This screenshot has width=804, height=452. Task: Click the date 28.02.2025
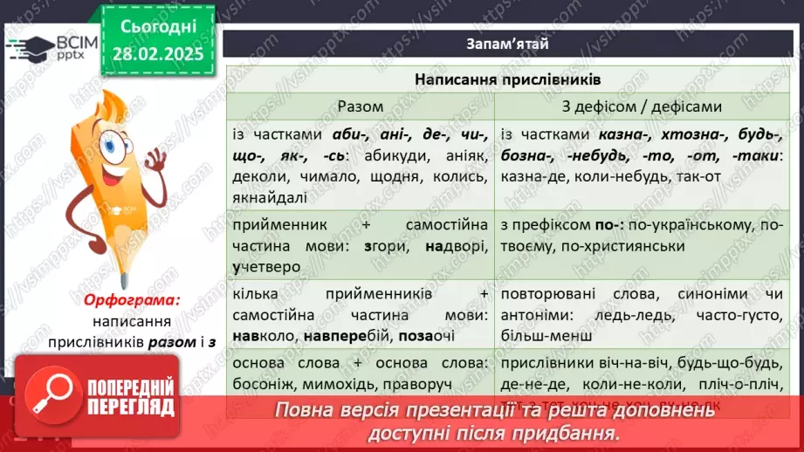(x=157, y=54)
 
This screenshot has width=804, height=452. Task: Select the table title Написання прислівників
(x=507, y=79)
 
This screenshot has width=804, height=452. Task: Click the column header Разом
(x=361, y=106)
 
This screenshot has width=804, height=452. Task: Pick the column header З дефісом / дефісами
(x=642, y=106)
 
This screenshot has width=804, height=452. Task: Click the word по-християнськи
(x=601, y=247)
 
